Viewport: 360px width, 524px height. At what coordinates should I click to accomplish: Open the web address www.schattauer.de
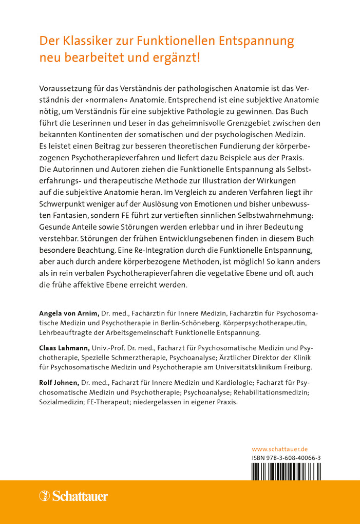[280, 448]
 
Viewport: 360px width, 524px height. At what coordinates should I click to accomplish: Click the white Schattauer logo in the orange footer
[73, 496]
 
